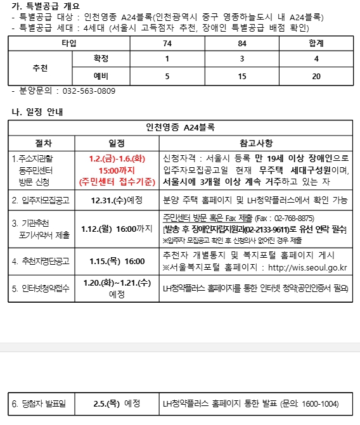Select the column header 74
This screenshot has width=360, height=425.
167,43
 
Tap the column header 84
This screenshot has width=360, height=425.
242,43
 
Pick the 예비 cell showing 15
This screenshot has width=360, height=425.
242,76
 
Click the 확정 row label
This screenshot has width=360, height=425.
101,60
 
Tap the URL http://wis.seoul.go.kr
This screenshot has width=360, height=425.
307,267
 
